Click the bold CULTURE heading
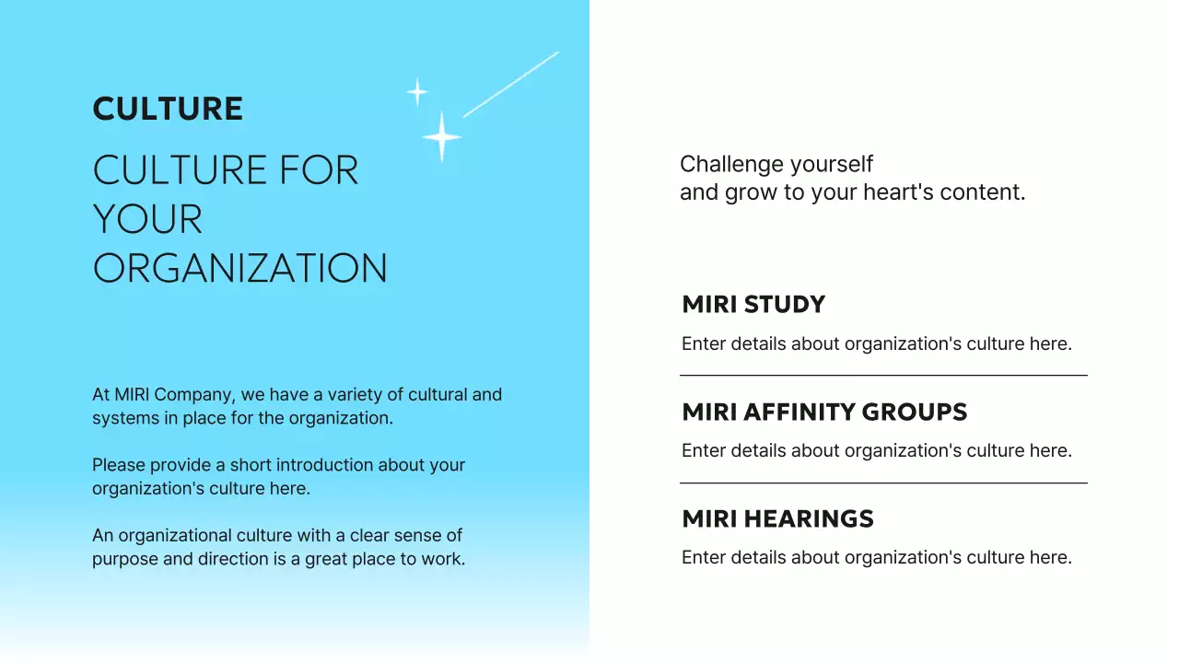pyautogui.click(x=168, y=109)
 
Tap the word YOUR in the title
pyautogui.click(x=147, y=219)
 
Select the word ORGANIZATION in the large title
pyautogui.click(x=240, y=268)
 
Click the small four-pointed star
pyautogui.click(x=417, y=92)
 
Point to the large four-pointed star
pyautogui.click(x=442, y=136)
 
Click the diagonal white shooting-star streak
pyautogui.click(x=511, y=84)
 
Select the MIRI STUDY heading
pyautogui.click(x=753, y=305)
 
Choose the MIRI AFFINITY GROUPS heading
pyautogui.click(x=824, y=412)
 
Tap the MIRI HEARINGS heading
pyautogui.click(x=777, y=518)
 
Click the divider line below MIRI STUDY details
pyautogui.click(x=883, y=376)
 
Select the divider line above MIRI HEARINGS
pyautogui.click(x=883, y=483)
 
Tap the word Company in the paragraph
pyautogui.click(x=193, y=394)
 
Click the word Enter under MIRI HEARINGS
pyautogui.click(x=703, y=557)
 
